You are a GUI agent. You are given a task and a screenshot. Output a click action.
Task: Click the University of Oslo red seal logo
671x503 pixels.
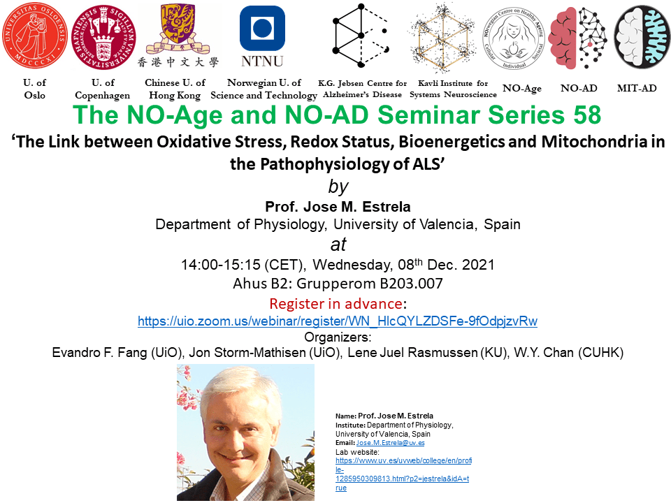[35, 35]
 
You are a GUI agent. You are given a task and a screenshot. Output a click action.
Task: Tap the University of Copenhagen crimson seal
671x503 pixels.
[103, 37]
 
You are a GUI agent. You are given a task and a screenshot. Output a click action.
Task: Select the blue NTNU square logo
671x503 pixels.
[262, 28]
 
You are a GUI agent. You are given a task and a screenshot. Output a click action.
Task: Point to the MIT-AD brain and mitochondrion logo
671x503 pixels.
[642, 37]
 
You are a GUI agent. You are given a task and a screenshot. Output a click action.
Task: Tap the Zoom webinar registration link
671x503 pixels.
[337, 321]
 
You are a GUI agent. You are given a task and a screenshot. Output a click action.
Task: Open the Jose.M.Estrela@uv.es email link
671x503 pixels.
[390, 443]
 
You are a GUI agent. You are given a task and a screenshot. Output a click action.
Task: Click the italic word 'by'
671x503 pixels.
[338, 187]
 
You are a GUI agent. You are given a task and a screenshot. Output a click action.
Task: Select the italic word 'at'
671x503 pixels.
[338, 245]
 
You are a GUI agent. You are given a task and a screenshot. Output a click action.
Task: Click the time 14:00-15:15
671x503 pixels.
[221, 265]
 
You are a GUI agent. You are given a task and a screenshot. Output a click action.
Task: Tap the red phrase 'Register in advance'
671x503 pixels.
[335, 304]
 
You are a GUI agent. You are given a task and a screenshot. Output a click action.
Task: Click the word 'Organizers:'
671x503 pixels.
[338, 337]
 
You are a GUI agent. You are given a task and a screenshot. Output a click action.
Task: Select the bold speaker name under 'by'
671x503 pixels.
[338, 207]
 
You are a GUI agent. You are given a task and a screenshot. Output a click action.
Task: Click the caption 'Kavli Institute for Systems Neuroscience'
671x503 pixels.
[453, 89]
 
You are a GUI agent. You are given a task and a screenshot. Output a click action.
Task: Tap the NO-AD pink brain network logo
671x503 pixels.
[578, 38]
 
